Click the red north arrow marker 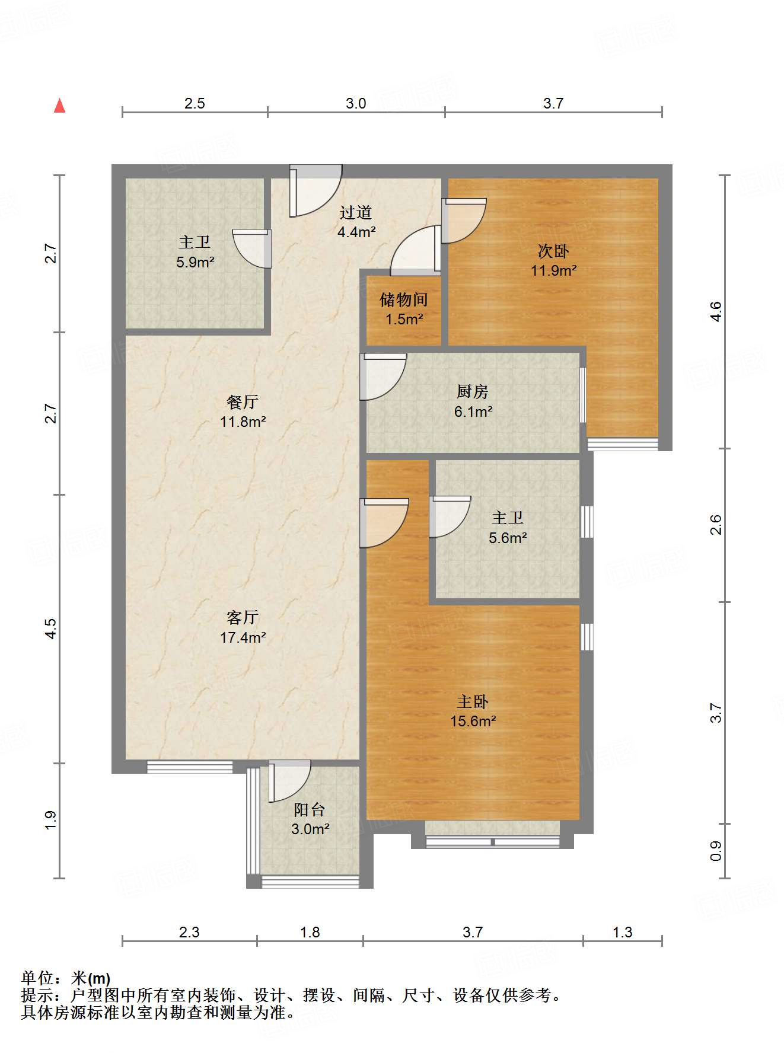(59, 106)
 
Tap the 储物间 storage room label (403, 299)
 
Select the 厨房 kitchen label (473, 391)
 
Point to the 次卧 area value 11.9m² (553, 271)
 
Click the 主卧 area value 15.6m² (473, 722)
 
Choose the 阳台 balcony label (310, 809)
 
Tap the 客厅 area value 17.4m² (243, 638)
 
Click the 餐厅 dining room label (243, 402)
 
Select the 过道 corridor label (356, 212)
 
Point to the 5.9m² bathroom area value (195, 262)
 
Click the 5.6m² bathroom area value (508, 538)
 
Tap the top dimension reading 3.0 (356, 103)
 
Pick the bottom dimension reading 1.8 (310, 932)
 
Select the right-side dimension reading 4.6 (716, 311)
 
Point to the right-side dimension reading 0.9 (716, 851)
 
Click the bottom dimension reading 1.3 (622, 932)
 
